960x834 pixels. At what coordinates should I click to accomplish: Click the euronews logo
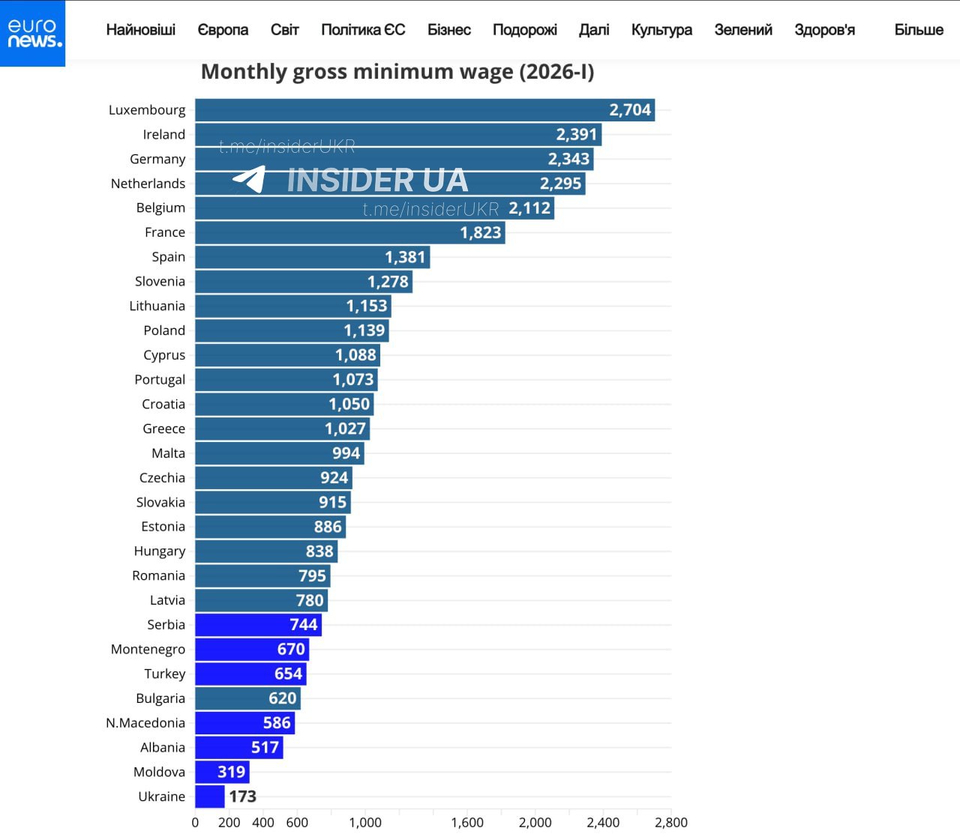(32, 33)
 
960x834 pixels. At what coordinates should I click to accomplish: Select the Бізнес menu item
(448, 30)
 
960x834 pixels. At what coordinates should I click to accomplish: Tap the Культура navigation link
(661, 30)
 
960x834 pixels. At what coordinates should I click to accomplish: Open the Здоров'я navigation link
(824, 30)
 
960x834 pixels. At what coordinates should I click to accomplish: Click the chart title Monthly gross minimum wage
(397, 72)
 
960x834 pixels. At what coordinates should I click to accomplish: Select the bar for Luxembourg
(424, 110)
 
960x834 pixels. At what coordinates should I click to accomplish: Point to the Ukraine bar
(210, 797)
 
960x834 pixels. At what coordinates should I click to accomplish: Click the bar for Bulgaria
(247, 698)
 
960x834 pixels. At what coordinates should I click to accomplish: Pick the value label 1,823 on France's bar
(481, 232)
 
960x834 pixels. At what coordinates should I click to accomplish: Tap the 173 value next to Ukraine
(242, 797)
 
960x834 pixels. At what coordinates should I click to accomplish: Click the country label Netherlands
(148, 184)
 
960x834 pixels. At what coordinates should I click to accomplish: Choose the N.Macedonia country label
(145, 723)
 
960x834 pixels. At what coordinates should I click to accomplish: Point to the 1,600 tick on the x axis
(467, 822)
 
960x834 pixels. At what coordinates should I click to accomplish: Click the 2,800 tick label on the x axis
(670, 822)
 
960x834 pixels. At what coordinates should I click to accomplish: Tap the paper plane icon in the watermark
(250, 179)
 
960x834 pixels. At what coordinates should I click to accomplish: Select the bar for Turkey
(250, 674)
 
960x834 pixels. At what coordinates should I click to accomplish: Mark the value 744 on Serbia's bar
(304, 625)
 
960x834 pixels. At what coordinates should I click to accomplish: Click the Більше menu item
(918, 30)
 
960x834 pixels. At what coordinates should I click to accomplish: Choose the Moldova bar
(222, 772)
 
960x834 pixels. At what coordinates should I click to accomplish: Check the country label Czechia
(162, 478)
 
